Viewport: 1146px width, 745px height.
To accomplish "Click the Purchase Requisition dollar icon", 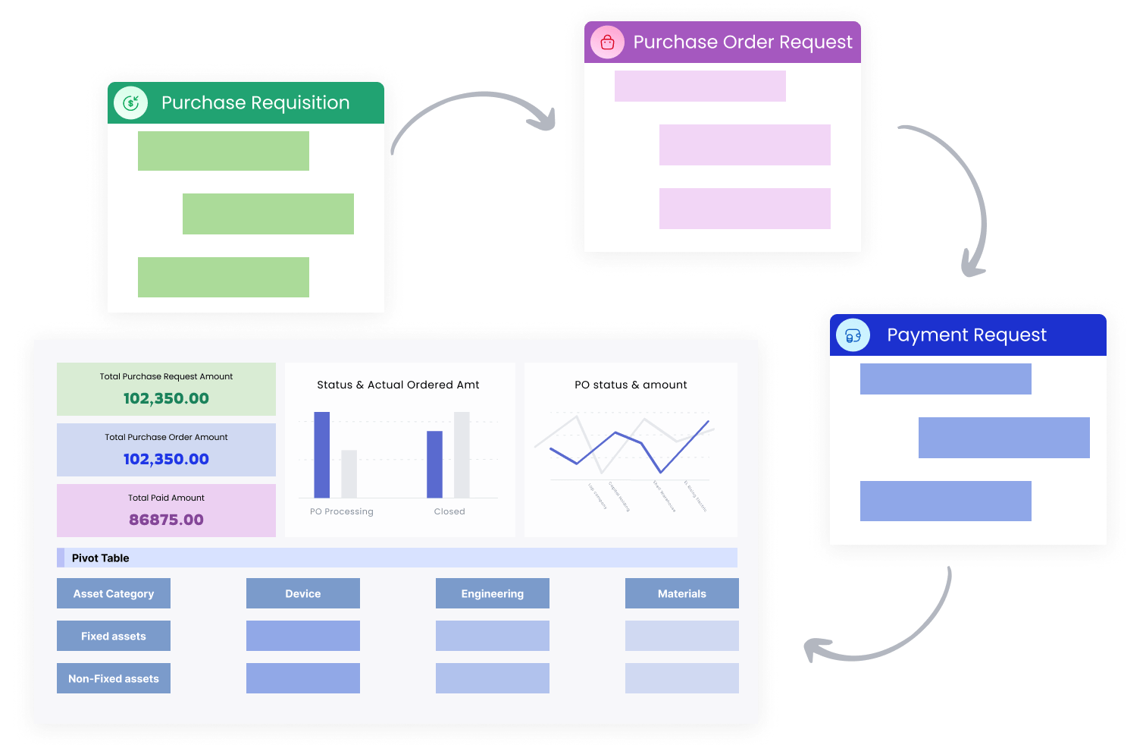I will pos(131,102).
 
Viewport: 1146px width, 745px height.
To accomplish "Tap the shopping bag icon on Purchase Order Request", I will pos(607,42).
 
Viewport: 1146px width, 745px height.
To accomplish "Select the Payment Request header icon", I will pos(853,335).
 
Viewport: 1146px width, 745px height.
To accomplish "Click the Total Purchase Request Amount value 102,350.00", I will pos(166,398).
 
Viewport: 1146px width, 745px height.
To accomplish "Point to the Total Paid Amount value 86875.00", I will pos(166,520).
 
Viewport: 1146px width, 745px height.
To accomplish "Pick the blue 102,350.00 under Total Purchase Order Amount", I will pos(166,459).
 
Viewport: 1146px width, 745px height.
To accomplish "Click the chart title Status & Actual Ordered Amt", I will pos(398,385).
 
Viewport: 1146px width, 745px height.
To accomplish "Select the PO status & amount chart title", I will pos(631,385).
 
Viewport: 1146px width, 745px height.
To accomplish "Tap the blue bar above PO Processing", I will pos(322,454).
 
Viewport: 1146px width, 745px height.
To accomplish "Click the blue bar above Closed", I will pos(434,464).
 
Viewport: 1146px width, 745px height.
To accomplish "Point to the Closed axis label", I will pos(449,511).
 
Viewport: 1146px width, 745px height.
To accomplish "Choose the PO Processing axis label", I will pos(342,511).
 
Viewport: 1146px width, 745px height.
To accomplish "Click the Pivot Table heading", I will pos(101,558).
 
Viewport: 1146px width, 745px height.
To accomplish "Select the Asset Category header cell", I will pos(114,593).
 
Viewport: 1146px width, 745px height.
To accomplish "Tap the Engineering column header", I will pos(493,593).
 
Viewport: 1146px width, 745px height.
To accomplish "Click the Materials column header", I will pos(682,593).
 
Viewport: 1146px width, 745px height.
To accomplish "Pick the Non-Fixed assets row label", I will pos(114,678).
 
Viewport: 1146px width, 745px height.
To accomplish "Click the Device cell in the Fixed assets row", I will pos(303,636).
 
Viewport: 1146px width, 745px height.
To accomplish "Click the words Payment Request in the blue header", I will pos(966,335).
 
